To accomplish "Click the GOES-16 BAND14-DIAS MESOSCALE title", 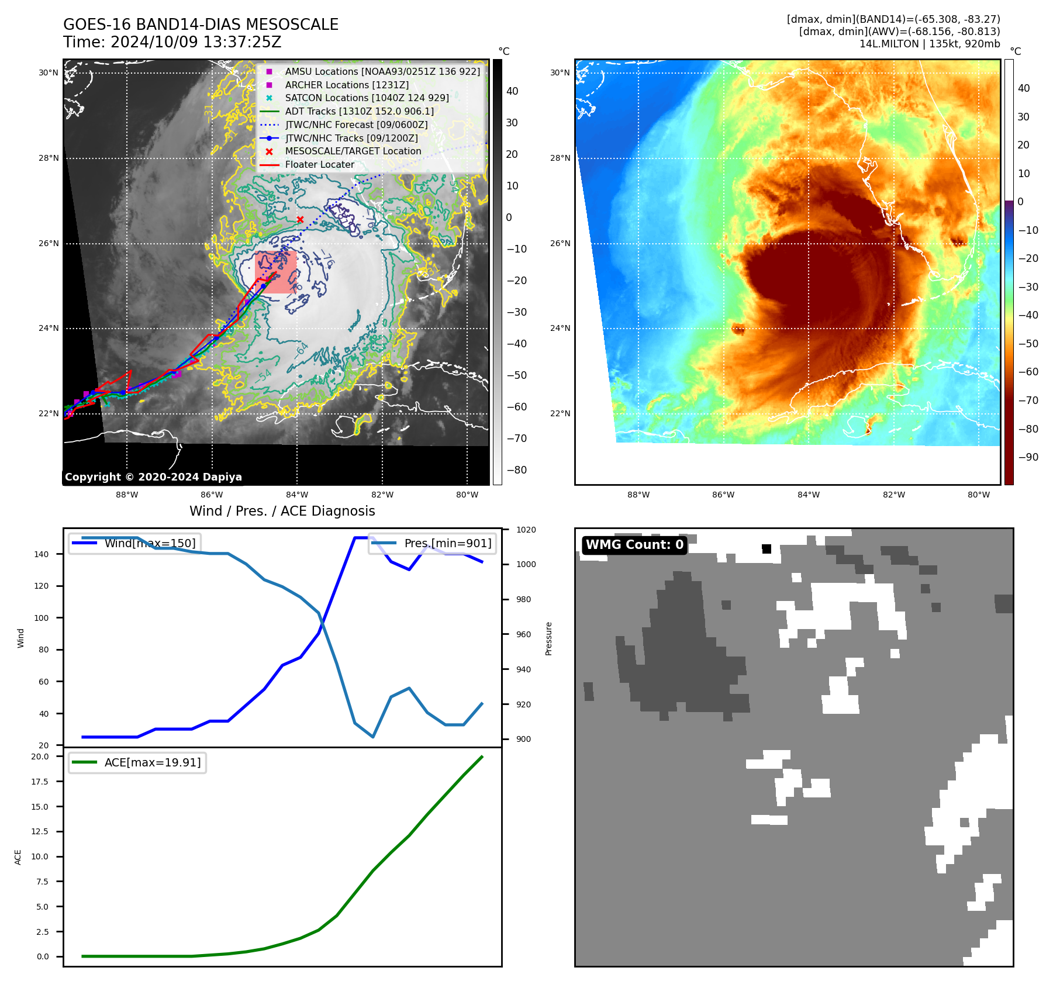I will (201, 25).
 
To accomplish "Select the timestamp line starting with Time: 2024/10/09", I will (172, 42).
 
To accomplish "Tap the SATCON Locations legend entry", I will (367, 98).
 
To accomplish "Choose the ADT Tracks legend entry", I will (359, 111).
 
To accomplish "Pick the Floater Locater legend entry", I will (319, 164).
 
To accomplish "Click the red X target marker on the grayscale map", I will (300, 220).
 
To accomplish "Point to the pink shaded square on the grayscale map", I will (275, 272).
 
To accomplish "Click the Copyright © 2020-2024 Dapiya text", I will (153, 477).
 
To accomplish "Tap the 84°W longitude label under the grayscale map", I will (297, 495).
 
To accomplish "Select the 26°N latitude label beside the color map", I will (560, 243).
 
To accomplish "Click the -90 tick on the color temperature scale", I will (1028, 457).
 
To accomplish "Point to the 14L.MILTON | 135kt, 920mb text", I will (929, 44).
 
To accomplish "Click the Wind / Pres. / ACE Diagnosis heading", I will (282, 511).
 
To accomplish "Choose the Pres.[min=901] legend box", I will (433, 543).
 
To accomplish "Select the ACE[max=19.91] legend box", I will (137, 762).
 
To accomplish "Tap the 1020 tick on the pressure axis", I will (526, 530).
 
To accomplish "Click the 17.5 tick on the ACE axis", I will (40, 782).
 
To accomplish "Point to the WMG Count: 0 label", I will (634, 545).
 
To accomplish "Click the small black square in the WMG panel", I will (767, 548).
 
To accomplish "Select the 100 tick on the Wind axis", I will (42, 618).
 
